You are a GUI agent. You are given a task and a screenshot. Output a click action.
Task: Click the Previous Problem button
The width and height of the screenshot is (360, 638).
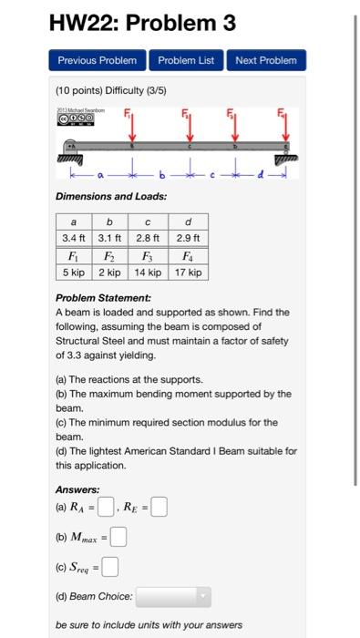point(97,60)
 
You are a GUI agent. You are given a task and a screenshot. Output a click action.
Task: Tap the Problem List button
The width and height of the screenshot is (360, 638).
point(186,60)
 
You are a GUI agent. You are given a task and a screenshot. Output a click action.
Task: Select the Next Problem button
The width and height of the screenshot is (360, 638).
point(266,60)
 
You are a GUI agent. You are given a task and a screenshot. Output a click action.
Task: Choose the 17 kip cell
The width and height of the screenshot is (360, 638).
point(187,273)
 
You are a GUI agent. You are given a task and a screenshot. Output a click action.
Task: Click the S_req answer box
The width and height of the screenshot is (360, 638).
point(111,571)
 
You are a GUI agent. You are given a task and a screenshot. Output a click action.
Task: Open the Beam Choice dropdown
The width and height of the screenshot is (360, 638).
point(174,597)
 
